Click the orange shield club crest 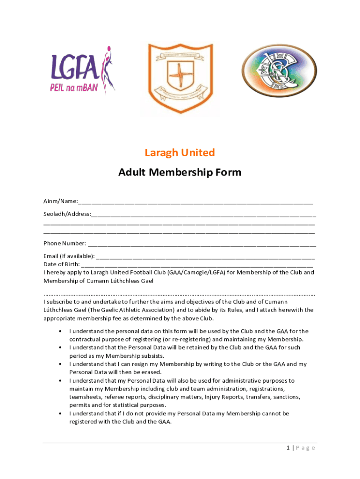click(x=180, y=77)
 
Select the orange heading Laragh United click(x=180, y=152)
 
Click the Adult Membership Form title click(x=180, y=172)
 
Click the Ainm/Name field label click(x=60, y=201)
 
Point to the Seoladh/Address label click(x=67, y=214)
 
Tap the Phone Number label click(x=65, y=243)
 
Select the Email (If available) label click(x=69, y=256)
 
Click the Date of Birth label click(x=62, y=264)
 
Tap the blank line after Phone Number click(x=202, y=244)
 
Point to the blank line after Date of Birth click(x=196, y=265)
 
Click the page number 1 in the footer click(x=289, y=448)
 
